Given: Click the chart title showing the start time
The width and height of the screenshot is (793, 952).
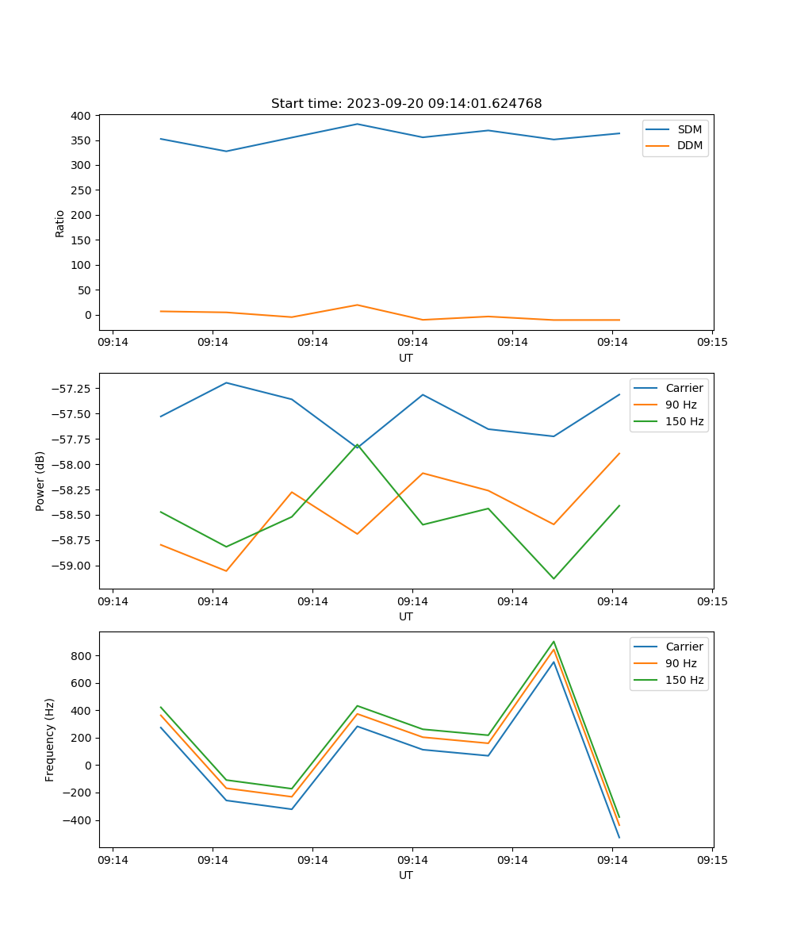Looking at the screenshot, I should pyautogui.click(x=406, y=104).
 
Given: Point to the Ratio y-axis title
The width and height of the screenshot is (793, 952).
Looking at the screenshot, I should pyautogui.click(x=60, y=223).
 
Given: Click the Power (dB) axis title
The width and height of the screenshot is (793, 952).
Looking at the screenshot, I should pyautogui.click(x=40, y=481).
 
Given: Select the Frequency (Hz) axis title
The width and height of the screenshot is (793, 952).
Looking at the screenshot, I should pyautogui.click(x=50, y=739).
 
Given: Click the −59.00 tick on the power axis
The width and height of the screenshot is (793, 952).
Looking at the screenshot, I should pyautogui.click(x=73, y=566).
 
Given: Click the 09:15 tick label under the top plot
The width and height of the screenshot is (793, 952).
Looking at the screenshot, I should pyautogui.click(x=711, y=343).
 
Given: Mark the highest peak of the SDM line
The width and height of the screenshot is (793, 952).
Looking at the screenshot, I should pyautogui.click(x=357, y=124).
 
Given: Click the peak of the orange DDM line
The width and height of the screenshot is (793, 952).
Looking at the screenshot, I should pyautogui.click(x=357, y=305).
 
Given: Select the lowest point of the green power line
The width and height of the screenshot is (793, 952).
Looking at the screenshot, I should pyautogui.click(x=554, y=578).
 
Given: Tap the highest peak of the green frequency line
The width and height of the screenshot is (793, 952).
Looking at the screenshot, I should pyautogui.click(x=554, y=642).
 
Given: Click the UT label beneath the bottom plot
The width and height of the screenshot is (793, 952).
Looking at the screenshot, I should pyautogui.click(x=406, y=875).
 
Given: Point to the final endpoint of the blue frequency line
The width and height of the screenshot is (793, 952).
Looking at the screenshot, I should pyautogui.click(x=619, y=837).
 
